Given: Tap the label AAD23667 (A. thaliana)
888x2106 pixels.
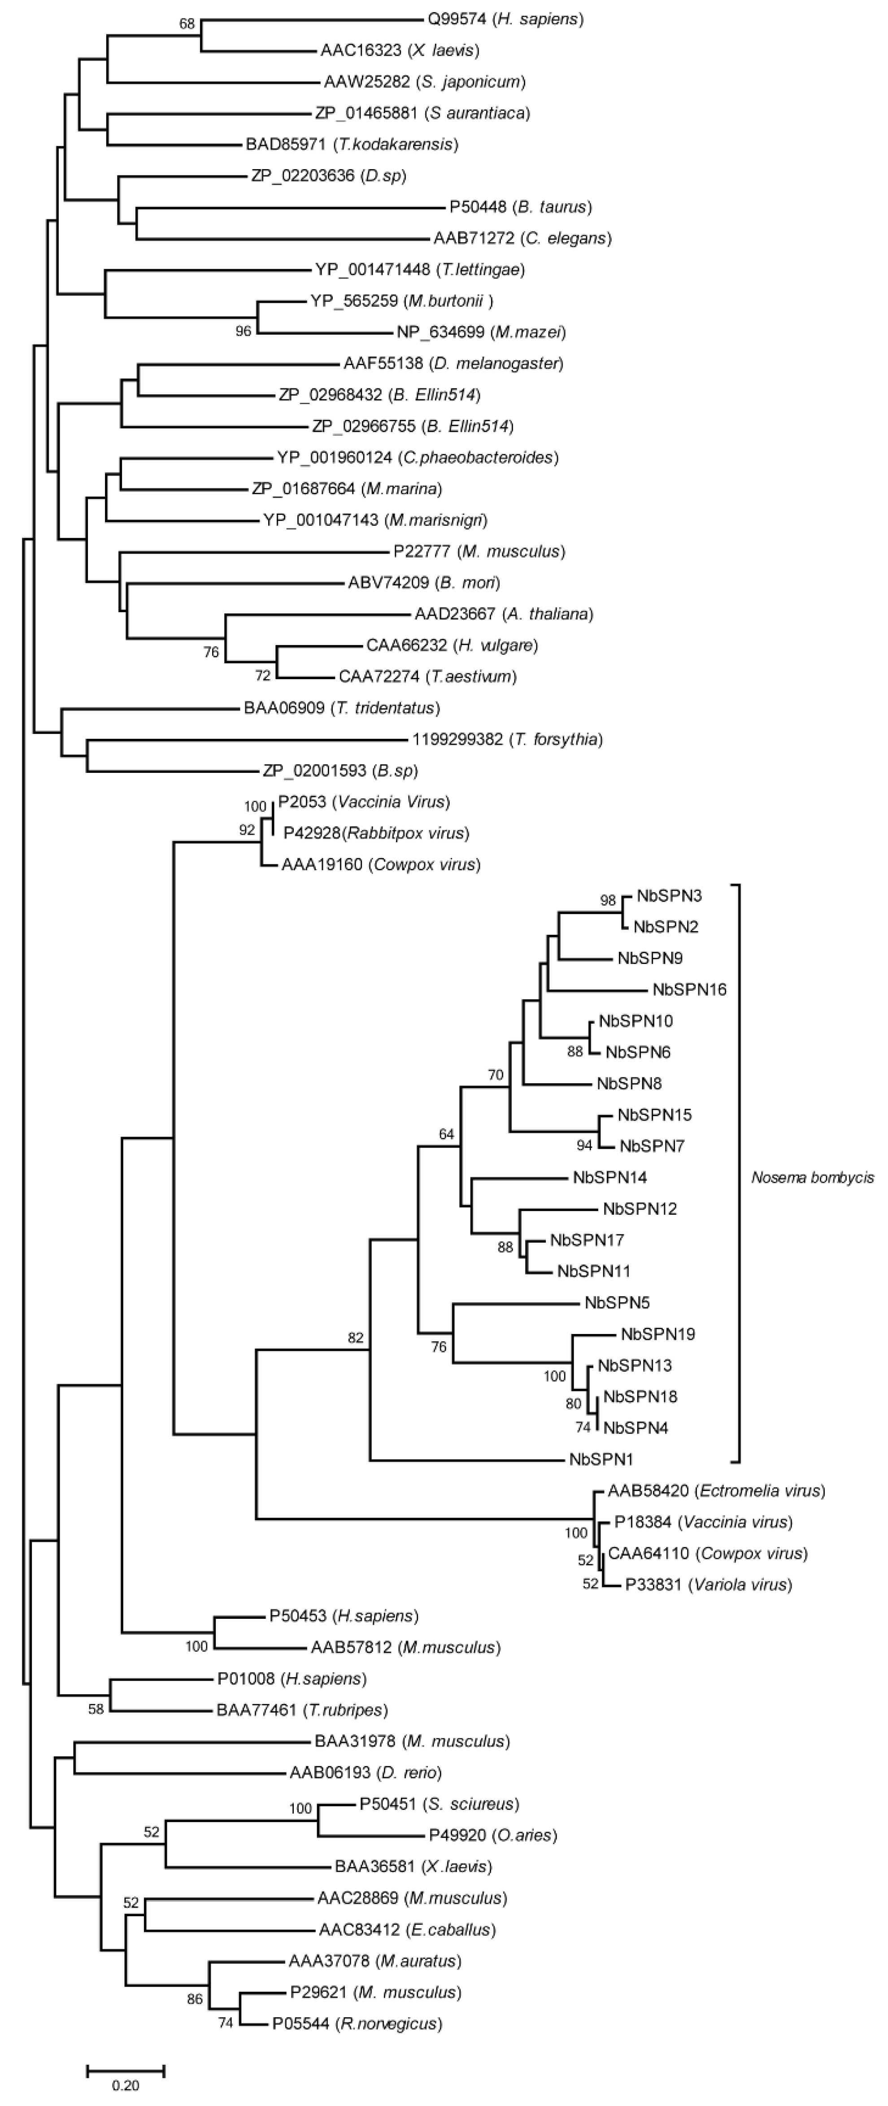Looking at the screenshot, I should tap(504, 614).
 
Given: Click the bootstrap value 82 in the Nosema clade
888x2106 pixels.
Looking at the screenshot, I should tap(355, 1338).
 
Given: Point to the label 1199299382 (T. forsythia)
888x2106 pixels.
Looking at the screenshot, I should tap(507, 739).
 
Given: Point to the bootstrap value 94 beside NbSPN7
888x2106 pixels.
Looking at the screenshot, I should tap(584, 1145).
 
